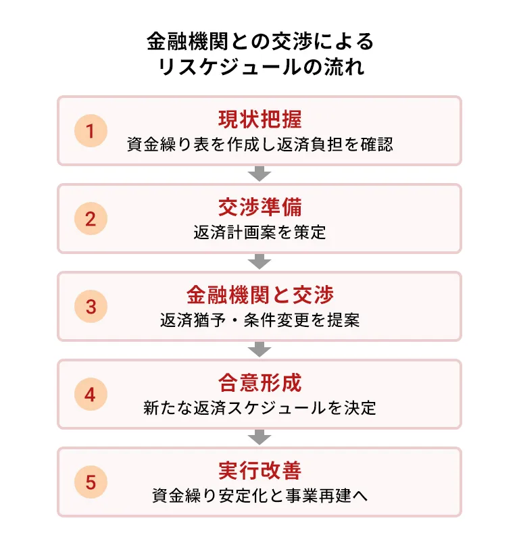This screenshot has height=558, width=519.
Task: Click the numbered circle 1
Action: point(91,130)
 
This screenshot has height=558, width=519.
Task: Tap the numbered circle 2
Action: point(91,218)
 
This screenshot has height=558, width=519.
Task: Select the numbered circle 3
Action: point(91,306)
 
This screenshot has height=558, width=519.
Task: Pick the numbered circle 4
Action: point(91,394)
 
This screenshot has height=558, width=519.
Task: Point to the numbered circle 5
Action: point(91,482)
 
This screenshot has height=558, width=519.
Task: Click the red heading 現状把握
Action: point(259,120)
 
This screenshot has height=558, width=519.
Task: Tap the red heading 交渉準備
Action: point(259,207)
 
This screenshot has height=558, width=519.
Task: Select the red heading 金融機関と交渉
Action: point(259,295)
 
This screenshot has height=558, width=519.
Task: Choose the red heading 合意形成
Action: point(259,383)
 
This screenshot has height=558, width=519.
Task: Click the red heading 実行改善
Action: point(259,471)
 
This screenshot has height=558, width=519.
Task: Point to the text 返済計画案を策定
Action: point(259,233)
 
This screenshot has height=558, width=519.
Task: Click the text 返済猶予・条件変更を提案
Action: point(259,321)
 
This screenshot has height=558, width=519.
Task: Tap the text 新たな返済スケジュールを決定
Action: point(259,409)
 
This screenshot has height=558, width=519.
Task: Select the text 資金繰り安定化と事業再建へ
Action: point(259,497)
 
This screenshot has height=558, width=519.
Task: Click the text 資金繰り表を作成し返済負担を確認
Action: point(259,145)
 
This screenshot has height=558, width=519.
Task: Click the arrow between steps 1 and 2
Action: point(259,174)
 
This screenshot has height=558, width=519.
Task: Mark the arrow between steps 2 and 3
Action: point(259,262)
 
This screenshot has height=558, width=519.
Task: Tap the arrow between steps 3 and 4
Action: point(259,350)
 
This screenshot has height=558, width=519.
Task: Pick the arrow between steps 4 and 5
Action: point(259,438)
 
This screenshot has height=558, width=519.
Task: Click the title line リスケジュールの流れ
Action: point(259,68)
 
